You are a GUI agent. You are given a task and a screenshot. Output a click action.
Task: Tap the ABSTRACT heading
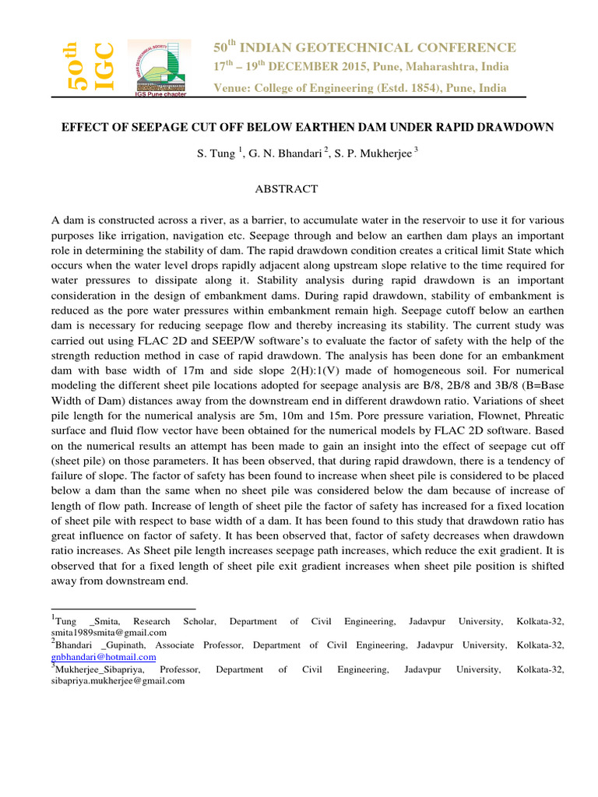[288, 188]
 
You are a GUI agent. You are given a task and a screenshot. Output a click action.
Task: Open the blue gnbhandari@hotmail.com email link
[103, 657]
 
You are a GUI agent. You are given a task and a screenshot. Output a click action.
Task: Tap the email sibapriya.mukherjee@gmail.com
[118, 680]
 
